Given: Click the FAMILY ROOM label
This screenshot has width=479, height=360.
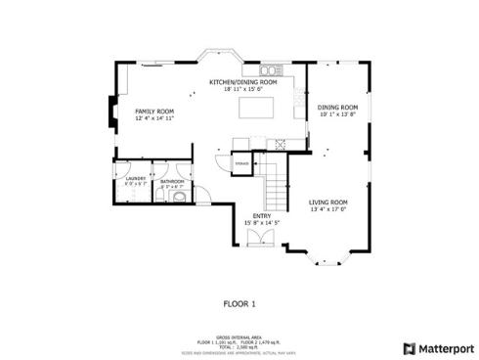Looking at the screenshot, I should [x=153, y=112].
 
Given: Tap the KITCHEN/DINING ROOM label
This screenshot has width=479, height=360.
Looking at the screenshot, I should [x=243, y=83].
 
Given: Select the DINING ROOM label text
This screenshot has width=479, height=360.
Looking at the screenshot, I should [x=337, y=108].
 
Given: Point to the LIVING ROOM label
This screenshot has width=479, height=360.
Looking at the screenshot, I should [x=328, y=202].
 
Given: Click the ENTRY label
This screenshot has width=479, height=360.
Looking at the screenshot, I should [x=261, y=216].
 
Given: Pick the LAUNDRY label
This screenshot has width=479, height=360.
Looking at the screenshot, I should [x=135, y=180].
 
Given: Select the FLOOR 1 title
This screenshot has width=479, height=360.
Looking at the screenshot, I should [x=239, y=304].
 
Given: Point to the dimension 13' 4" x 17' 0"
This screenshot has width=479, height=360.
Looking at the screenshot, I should [x=328, y=209].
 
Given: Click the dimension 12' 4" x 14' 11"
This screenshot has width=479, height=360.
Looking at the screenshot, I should [x=153, y=118].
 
